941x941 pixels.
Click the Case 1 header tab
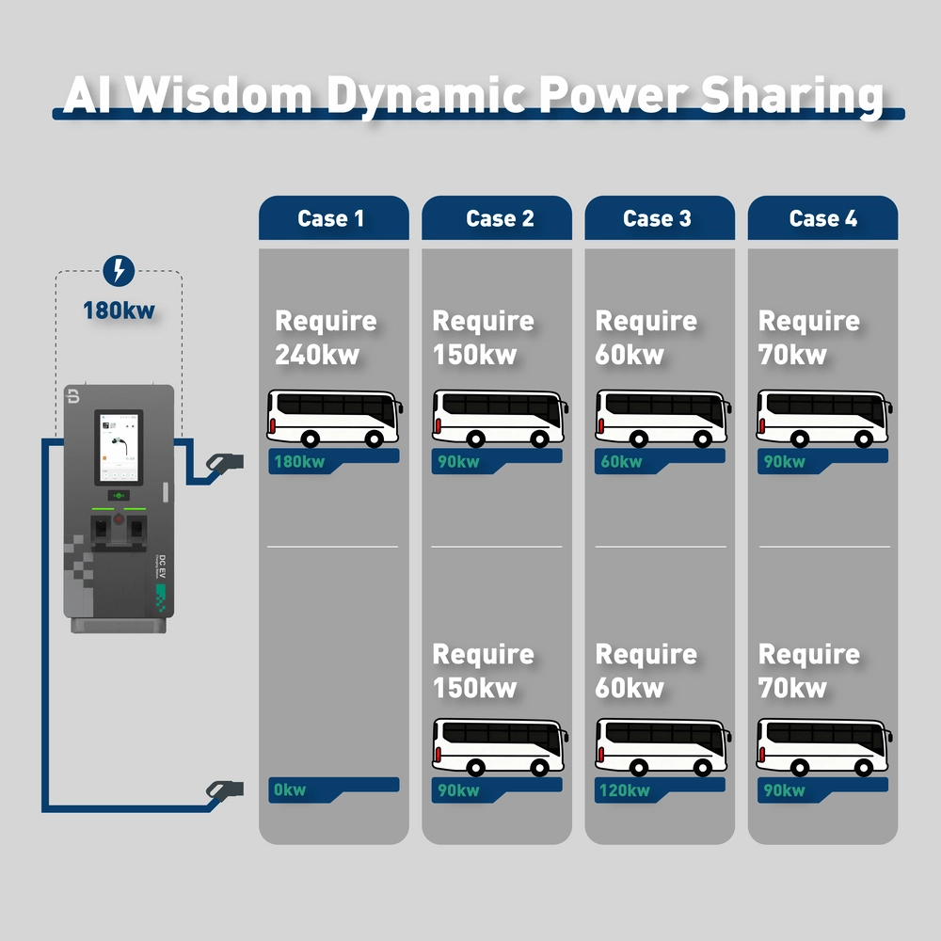pyautogui.click(x=333, y=218)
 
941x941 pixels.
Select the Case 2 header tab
pyautogui.click(x=497, y=218)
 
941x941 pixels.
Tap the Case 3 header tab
pyautogui.click(x=660, y=218)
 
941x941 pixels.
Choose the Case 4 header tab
pyautogui.click(x=822, y=218)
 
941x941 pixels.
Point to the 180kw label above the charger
pyautogui.click(x=119, y=309)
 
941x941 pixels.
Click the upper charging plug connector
pyautogui.click(x=224, y=461)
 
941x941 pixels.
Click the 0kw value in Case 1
pyautogui.click(x=290, y=789)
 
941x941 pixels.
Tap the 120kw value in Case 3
pyautogui.click(x=623, y=789)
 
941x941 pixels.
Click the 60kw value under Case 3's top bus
pyautogui.click(x=621, y=461)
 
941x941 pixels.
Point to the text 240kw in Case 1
pyautogui.click(x=317, y=355)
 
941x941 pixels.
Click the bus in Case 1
pyautogui.click(x=334, y=418)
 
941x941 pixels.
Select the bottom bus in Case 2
pyautogui.click(x=498, y=746)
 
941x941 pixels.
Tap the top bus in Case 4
pyautogui.click(x=823, y=418)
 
